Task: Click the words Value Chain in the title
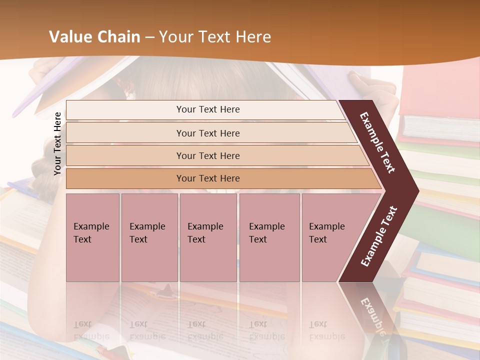(x=94, y=37)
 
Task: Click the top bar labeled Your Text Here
(x=207, y=109)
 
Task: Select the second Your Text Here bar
(x=207, y=133)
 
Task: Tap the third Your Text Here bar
(x=207, y=155)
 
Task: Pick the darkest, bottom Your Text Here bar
(x=207, y=178)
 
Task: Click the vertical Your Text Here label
(x=57, y=143)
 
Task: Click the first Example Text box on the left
(x=92, y=237)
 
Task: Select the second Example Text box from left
(x=149, y=237)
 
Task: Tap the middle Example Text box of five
(x=208, y=237)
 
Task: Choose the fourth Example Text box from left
(x=269, y=237)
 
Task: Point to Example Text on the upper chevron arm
(x=377, y=142)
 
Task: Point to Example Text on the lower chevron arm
(x=379, y=236)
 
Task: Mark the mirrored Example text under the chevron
(x=372, y=317)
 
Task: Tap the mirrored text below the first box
(x=91, y=330)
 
